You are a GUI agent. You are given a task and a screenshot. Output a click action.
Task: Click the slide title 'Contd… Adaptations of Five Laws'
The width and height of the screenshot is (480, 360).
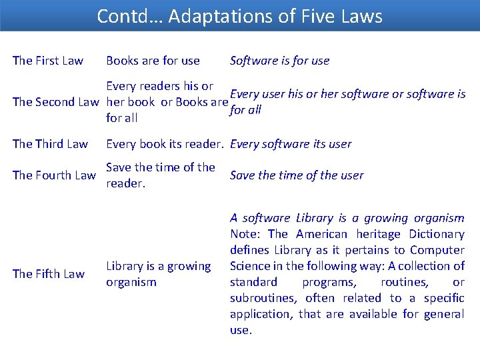point(239,16)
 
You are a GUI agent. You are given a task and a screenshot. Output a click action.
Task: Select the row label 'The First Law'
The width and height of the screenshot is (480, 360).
point(48,61)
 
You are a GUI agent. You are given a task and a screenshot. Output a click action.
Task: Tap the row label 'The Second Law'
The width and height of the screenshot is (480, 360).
point(55,102)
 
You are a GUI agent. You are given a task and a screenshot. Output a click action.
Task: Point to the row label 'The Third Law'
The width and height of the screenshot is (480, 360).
point(50,143)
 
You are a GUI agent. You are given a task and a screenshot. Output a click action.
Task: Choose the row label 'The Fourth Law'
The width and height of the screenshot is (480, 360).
point(54,175)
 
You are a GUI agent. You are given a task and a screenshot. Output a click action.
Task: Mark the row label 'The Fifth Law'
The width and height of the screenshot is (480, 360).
point(49,274)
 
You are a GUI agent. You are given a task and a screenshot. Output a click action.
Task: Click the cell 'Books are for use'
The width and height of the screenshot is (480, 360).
point(153,61)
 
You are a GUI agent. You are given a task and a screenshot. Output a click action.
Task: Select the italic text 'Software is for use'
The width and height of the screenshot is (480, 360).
point(279,61)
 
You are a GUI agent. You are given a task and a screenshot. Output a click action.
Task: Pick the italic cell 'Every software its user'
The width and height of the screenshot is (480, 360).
point(290,143)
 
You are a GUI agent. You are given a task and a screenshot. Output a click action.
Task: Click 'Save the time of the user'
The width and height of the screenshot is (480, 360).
point(296,175)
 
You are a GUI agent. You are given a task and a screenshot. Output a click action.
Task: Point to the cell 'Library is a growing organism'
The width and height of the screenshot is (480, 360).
point(158,274)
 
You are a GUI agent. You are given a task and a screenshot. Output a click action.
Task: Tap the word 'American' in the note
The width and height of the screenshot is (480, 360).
point(322,234)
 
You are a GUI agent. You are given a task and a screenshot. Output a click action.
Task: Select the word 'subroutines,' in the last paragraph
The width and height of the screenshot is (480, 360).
point(260,298)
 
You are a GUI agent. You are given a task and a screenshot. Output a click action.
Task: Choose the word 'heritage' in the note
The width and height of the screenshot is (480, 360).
point(379,234)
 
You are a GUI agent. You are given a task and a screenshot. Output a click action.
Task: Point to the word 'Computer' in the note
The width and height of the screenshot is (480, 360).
point(438,250)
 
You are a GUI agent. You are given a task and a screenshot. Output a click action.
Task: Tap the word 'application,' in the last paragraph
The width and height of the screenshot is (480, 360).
point(261,314)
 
